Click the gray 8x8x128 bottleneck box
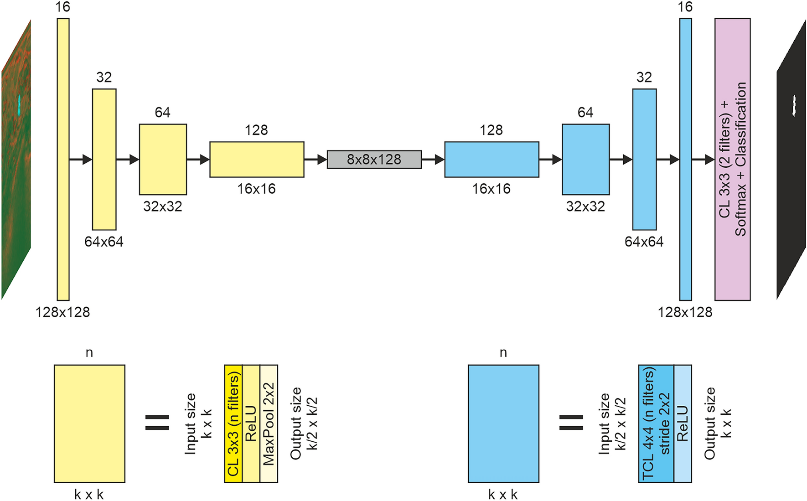point(374,160)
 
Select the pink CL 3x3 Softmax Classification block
point(732,160)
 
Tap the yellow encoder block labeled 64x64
point(104,160)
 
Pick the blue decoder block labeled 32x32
point(585,160)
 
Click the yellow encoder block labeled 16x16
point(257,160)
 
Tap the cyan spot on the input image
point(19,104)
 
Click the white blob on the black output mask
point(794,106)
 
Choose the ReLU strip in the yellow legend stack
point(251,424)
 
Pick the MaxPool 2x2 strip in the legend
point(269,424)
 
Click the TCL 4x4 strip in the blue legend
point(656,424)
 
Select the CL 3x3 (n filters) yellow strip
point(233,424)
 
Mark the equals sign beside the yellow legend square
point(157,423)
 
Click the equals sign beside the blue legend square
point(571,423)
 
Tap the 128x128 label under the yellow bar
point(63,312)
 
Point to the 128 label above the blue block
point(491,130)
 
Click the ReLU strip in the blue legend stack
point(683,424)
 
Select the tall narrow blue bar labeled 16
point(685,160)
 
